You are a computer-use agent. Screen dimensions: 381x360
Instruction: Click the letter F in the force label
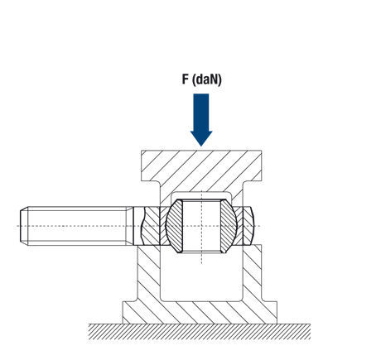click(185, 79)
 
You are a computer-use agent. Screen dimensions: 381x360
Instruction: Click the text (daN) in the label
click(206, 80)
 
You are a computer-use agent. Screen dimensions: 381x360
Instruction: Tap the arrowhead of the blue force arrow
click(201, 138)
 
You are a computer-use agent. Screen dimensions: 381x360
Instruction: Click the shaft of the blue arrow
click(201, 113)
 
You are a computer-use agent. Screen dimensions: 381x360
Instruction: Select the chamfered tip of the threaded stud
click(24, 226)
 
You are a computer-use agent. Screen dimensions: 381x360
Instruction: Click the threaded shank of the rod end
click(77, 226)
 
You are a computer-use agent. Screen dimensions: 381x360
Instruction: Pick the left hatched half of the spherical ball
click(174, 226)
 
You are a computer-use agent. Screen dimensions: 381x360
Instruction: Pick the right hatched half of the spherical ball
click(229, 226)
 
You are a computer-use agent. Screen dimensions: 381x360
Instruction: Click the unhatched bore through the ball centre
click(201, 226)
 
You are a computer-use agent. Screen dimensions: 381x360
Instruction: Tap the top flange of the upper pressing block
click(201, 166)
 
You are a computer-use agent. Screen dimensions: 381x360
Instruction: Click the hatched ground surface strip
click(200, 332)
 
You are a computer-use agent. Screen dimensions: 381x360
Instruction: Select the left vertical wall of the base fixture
click(148, 273)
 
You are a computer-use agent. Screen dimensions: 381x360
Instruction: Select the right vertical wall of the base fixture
click(252, 273)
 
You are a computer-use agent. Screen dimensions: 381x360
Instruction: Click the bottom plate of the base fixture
click(200, 313)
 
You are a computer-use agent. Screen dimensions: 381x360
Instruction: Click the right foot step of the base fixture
click(269, 313)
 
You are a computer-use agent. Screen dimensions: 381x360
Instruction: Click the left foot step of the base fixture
click(130, 313)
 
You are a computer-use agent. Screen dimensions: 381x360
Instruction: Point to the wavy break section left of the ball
click(152, 226)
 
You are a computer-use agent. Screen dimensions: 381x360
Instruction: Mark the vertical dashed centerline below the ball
click(201, 258)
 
